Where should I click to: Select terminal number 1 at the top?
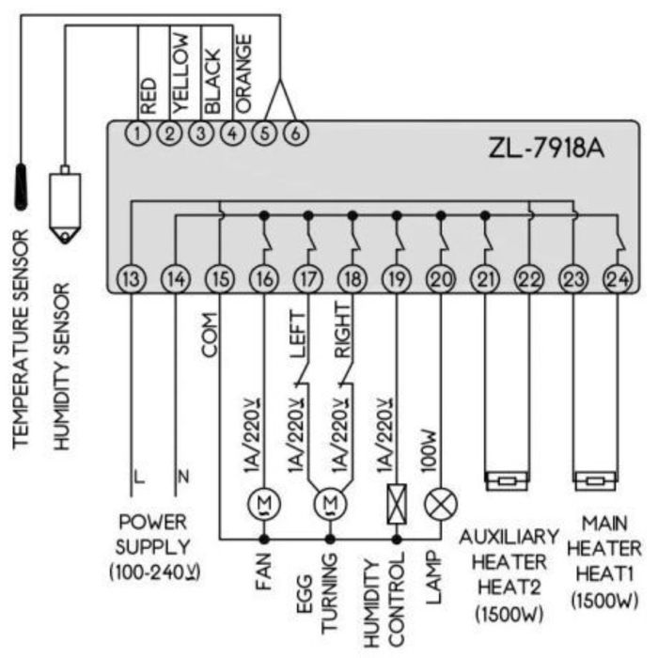[x=140, y=132]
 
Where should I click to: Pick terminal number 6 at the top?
[x=296, y=132]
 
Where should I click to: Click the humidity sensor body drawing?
[x=65, y=202]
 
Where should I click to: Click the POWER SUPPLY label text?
[x=153, y=533]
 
